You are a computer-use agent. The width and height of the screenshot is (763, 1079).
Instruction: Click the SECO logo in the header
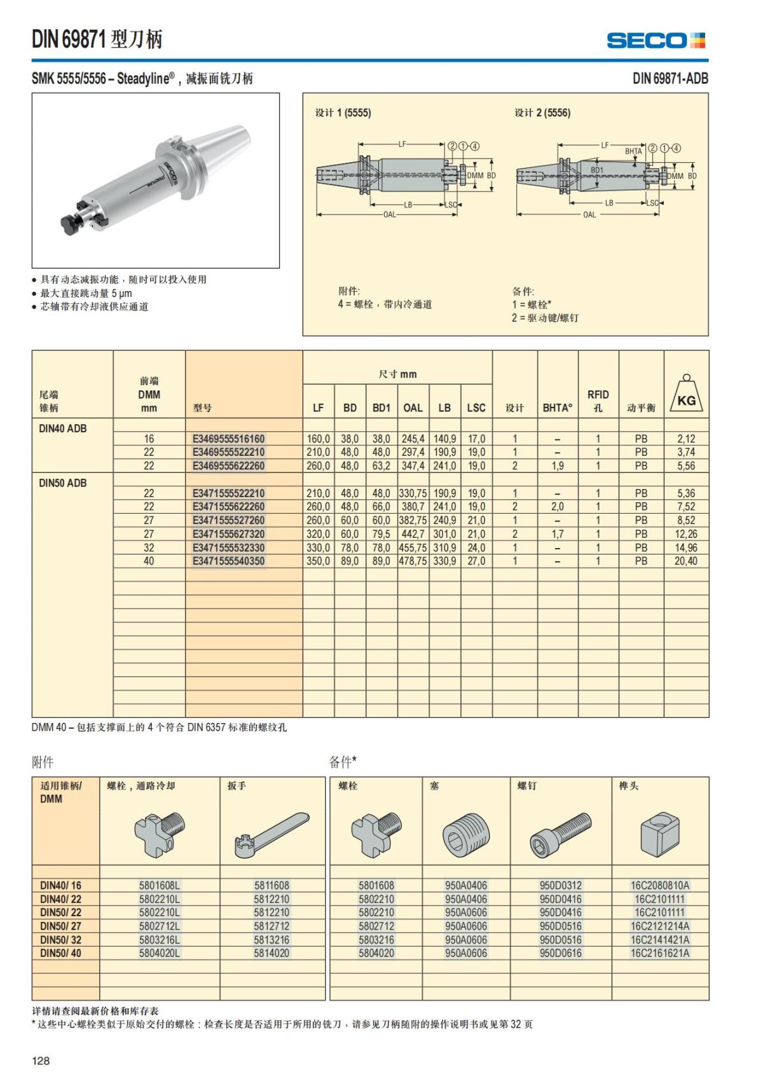pos(656,41)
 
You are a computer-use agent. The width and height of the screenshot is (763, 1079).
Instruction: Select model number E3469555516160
pos(228,439)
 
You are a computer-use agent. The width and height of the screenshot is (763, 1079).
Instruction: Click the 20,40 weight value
pos(685,561)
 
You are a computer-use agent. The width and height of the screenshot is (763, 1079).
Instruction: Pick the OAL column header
pos(413,408)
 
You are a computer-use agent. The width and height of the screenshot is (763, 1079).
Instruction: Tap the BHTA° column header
pos(558,408)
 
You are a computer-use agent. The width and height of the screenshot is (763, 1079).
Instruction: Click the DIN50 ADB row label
pos(63,483)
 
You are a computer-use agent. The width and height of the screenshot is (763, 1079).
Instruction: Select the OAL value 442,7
pos(413,534)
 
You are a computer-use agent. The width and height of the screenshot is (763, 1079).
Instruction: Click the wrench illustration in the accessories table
pos(272,834)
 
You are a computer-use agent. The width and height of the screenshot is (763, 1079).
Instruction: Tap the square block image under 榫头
pos(659,834)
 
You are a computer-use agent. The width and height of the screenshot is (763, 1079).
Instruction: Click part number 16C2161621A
pos(659,953)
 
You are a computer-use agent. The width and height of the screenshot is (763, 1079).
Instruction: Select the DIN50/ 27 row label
pos(61,926)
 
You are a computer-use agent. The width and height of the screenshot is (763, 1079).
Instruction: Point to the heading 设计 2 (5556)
pos(542,113)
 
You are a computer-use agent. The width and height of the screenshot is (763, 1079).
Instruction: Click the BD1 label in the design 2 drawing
pos(597,170)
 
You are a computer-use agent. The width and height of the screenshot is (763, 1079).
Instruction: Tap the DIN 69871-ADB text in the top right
pos(670,78)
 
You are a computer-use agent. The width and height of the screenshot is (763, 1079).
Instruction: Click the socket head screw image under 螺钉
pos(560,834)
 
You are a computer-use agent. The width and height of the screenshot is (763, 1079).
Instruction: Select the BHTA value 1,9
pos(558,466)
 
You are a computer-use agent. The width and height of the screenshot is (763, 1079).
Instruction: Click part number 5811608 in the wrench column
pos(272,885)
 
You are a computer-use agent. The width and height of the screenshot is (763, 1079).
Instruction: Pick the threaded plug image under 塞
pos(466,834)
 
